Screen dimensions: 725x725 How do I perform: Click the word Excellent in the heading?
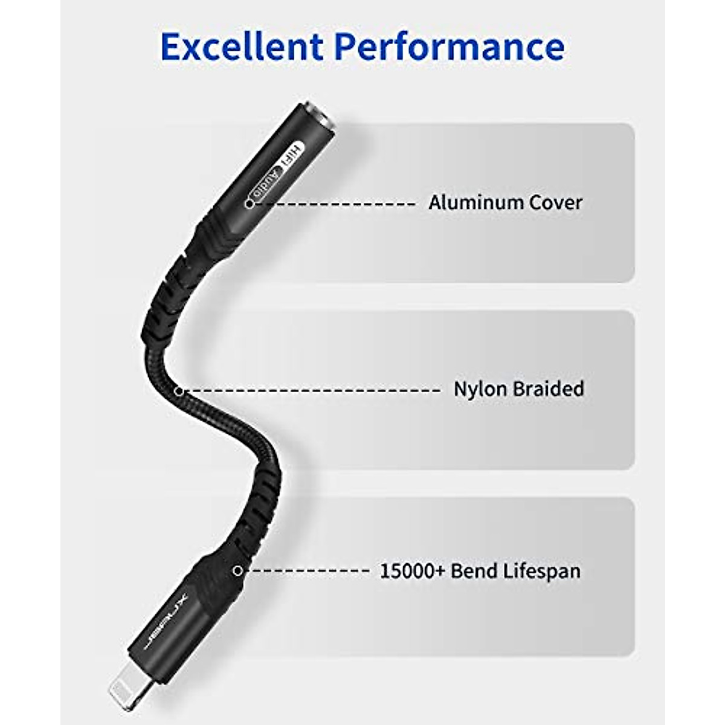pyautogui.click(x=242, y=46)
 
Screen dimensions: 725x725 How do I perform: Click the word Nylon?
pyautogui.click(x=480, y=389)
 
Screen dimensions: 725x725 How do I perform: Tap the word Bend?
pyautogui.click(x=470, y=571)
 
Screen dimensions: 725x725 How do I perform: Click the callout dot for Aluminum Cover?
pyautogui.click(x=249, y=204)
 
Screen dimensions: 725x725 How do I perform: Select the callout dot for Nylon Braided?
pyautogui.click(x=179, y=391)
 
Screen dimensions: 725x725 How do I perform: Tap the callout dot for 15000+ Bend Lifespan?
pyautogui.click(x=238, y=570)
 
